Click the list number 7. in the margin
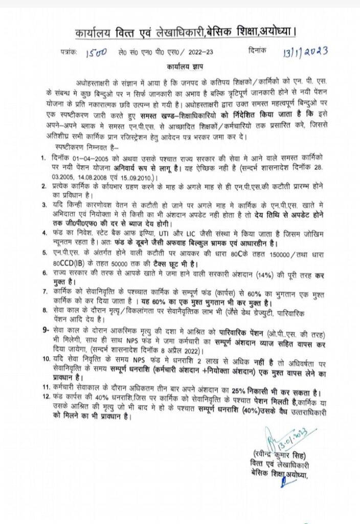(44, 290)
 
